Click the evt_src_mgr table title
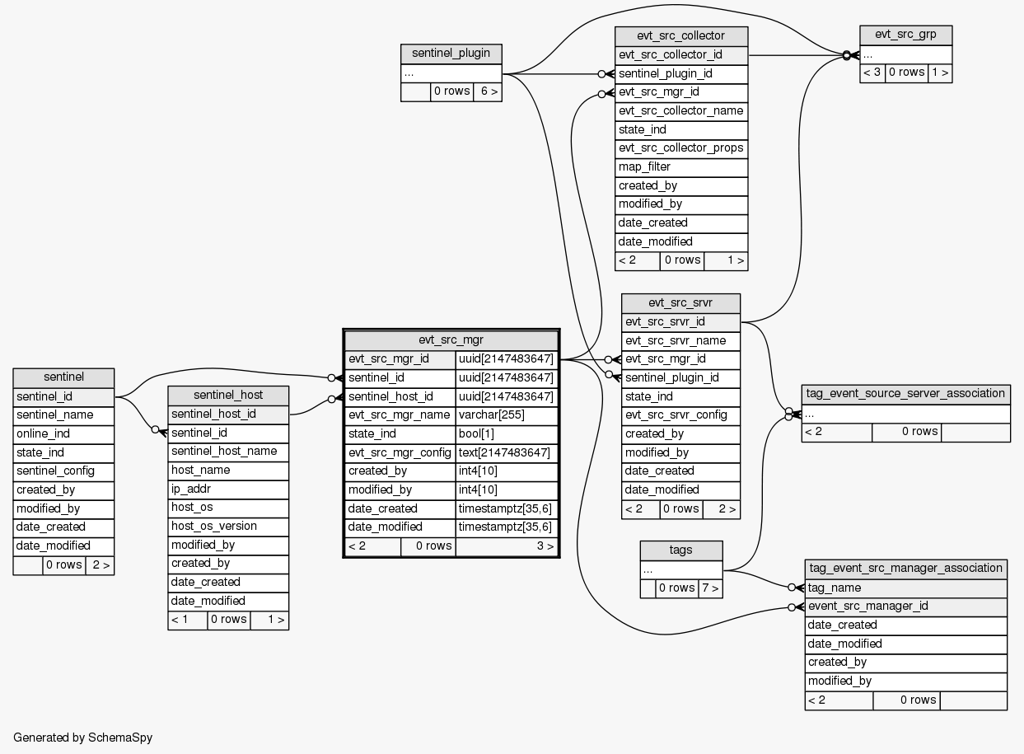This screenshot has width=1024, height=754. tap(451, 340)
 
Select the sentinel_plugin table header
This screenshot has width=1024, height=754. tap(451, 54)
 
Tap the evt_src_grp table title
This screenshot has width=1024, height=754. tap(905, 35)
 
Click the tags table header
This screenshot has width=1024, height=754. tap(681, 550)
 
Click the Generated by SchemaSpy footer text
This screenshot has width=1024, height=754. tap(83, 738)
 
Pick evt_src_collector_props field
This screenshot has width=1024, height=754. tap(681, 148)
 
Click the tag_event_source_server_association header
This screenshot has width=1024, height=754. tap(905, 393)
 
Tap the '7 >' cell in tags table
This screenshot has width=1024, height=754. tap(709, 588)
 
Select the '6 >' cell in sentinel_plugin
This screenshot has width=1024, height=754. tap(488, 91)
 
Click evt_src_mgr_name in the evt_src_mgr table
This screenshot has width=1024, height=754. tap(400, 414)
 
